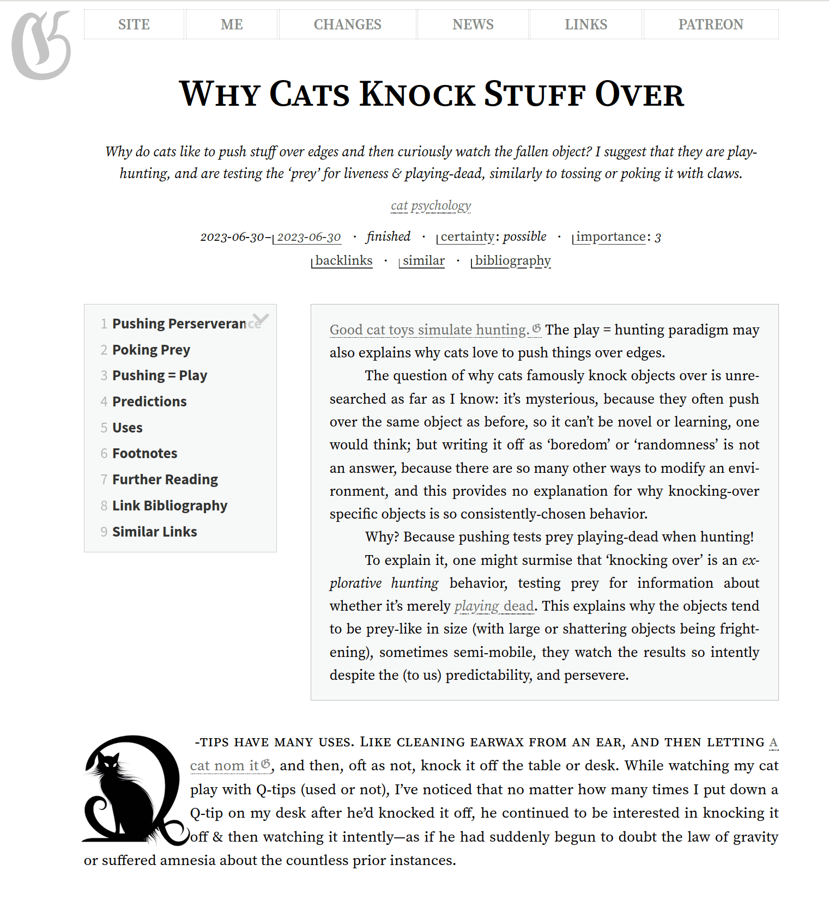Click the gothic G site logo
(41, 45)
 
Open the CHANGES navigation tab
(347, 25)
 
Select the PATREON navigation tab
(710, 25)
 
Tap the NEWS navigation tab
(473, 25)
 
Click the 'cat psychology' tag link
(431, 205)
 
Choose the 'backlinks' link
(343, 260)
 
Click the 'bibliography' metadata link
(512, 260)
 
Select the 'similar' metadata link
(423, 260)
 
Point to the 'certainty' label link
(467, 236)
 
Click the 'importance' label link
(610, 236)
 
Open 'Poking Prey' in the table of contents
(151, 350)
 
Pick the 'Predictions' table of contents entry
(149, 401)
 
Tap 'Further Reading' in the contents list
(165, 479)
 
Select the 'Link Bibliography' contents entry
(170, 506)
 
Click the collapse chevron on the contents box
(261, 319)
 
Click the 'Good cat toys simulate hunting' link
(429, 330)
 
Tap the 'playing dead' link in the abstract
(494, 606)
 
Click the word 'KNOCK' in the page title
(417, 94)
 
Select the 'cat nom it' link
(225, 765)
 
